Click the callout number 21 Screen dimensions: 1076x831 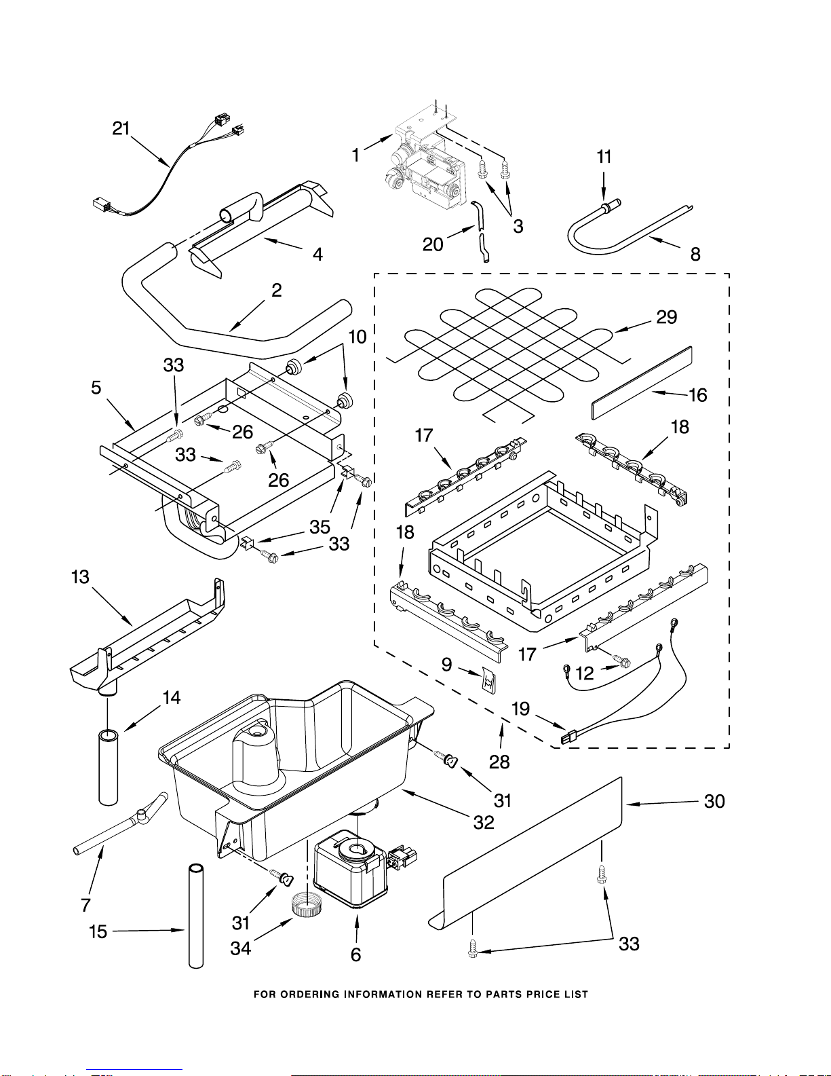pos(121,128)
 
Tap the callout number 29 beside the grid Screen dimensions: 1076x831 pos(666,317)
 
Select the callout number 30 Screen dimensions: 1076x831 pos(714,802)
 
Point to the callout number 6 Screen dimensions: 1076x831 pos(356,954)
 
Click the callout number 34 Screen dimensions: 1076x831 pos(241,948)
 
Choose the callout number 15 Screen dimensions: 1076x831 pos(98,931)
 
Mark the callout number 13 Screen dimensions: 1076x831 pos(80,577)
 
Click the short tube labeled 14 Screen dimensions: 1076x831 pos(108,766)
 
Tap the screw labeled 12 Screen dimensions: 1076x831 pos(621,661)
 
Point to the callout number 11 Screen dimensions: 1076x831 pos(604,157)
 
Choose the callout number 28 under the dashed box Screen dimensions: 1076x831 pos(499,762)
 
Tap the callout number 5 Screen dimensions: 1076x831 pos(96,388)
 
